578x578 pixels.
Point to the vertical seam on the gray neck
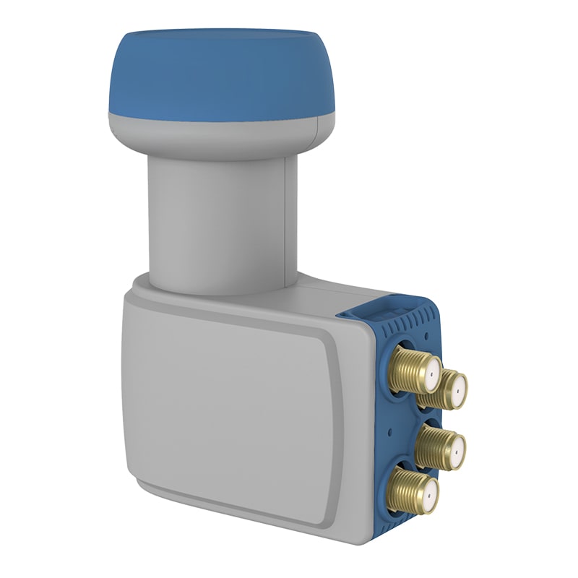(287, 217)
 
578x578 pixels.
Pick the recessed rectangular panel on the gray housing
(231, 405)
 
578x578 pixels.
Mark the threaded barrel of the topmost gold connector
(405, 365)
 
